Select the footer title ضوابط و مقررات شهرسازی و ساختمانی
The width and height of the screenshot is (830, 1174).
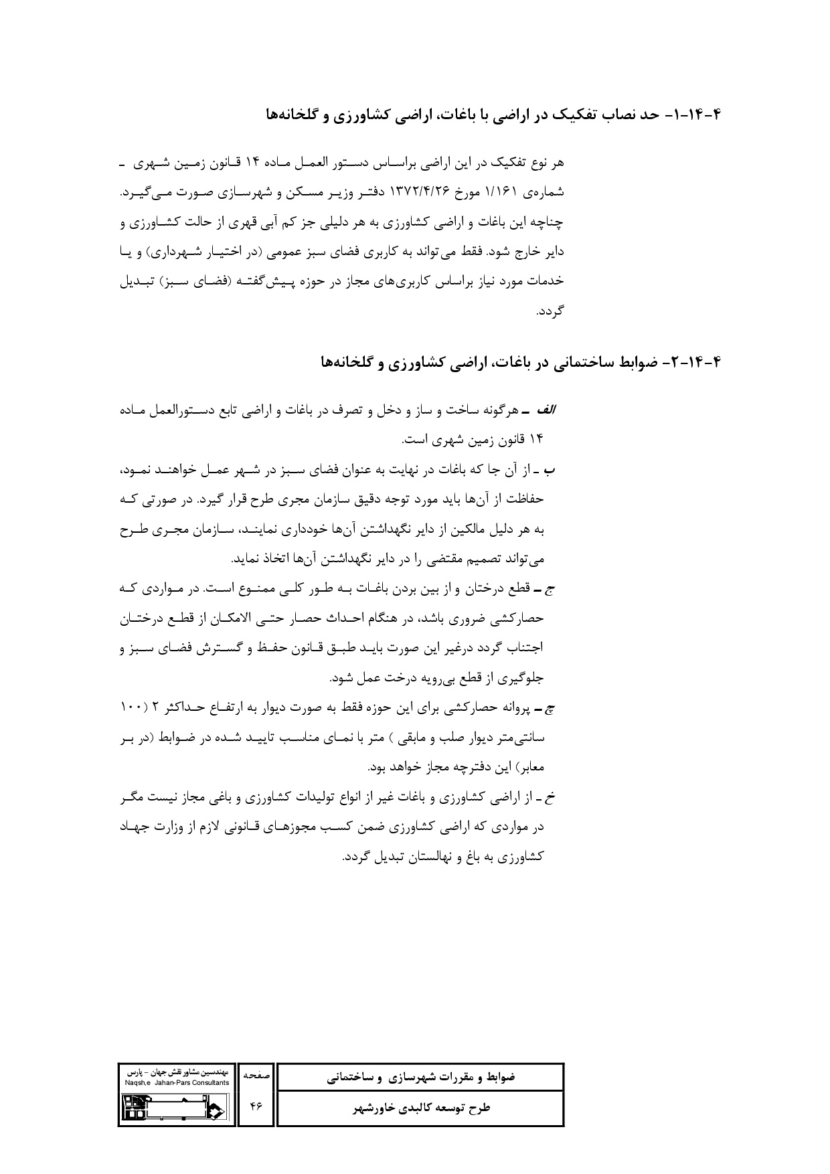click(x=420, y=1078)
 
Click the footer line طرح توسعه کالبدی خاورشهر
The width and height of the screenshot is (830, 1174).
click(x=420, y=1108)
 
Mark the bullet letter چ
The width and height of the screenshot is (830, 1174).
click(x=552, y=707)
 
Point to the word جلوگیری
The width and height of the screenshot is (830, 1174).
click(x=519, y=679)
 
